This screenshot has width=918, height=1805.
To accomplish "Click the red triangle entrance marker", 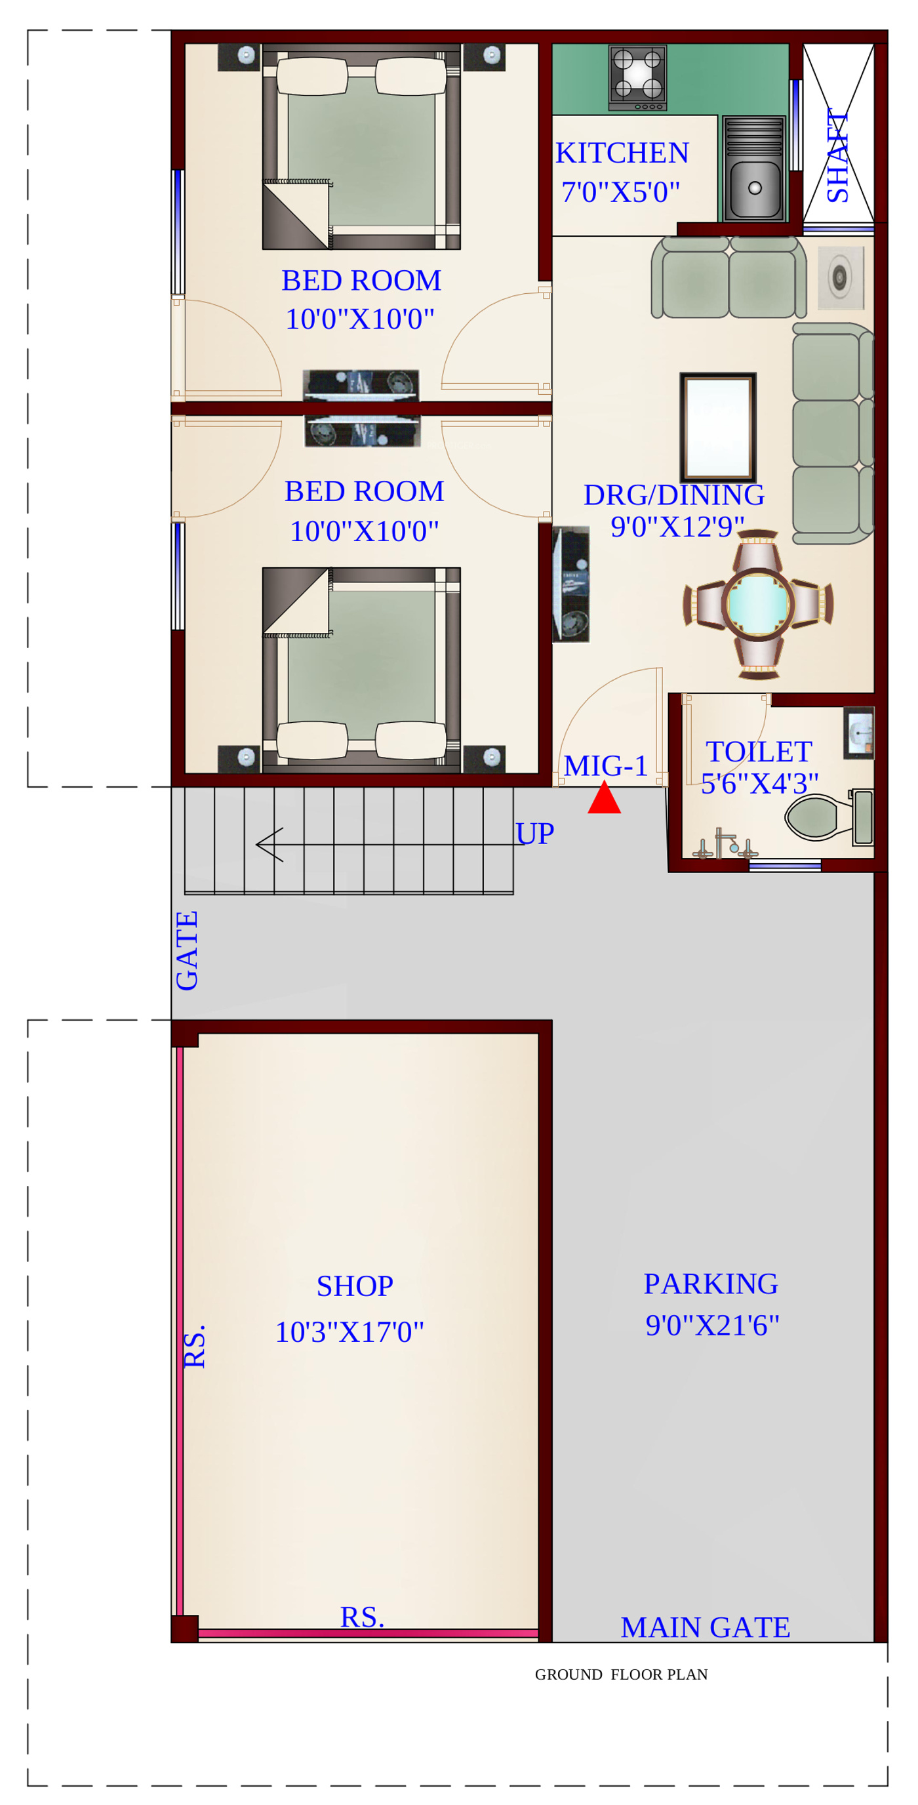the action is [x=604, y=798].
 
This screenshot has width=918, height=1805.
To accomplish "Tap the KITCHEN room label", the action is [x=622, y=153].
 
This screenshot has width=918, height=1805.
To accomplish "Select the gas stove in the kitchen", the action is [x=637, y=78].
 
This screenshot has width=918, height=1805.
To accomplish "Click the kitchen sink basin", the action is [x=754, y=188].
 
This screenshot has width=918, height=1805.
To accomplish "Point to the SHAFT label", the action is [x=837, y=155].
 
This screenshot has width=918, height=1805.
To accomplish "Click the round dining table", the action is [x=757, y=603].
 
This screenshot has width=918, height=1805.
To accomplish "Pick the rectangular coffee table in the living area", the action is [x=718, y=428].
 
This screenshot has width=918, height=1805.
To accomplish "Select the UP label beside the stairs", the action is [x=534, y=834].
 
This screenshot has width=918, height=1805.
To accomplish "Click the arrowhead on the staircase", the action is [x=269, y=844].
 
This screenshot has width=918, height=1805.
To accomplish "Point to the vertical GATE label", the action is [x=187, y=951].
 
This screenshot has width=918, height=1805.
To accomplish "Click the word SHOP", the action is [x=355, y=1286].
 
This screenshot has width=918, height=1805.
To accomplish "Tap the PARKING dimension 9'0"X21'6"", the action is [x=712, y=1326].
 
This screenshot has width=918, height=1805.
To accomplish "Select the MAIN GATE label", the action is [x=705, y=1627].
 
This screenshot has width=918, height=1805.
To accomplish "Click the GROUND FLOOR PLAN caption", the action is [x=622, y=1674].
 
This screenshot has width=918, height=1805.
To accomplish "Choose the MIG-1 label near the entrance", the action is [x=606, y=766].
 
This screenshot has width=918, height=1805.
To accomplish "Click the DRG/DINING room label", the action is [x=674, y=495].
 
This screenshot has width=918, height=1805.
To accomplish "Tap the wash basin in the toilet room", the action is [x=859, y=733].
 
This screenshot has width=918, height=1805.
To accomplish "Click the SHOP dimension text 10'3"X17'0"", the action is [x=349, y=1333].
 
